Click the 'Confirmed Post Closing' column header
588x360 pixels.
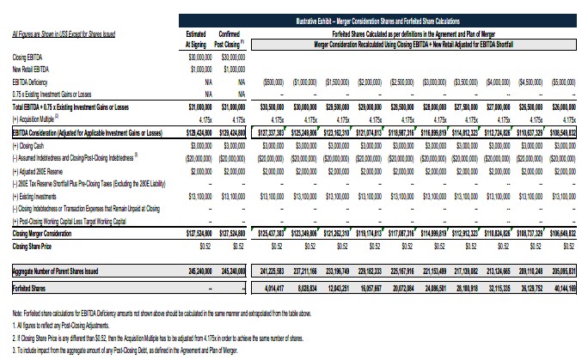click(x=232, y=38)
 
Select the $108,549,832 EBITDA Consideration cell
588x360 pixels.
click(x=563, y=134)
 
